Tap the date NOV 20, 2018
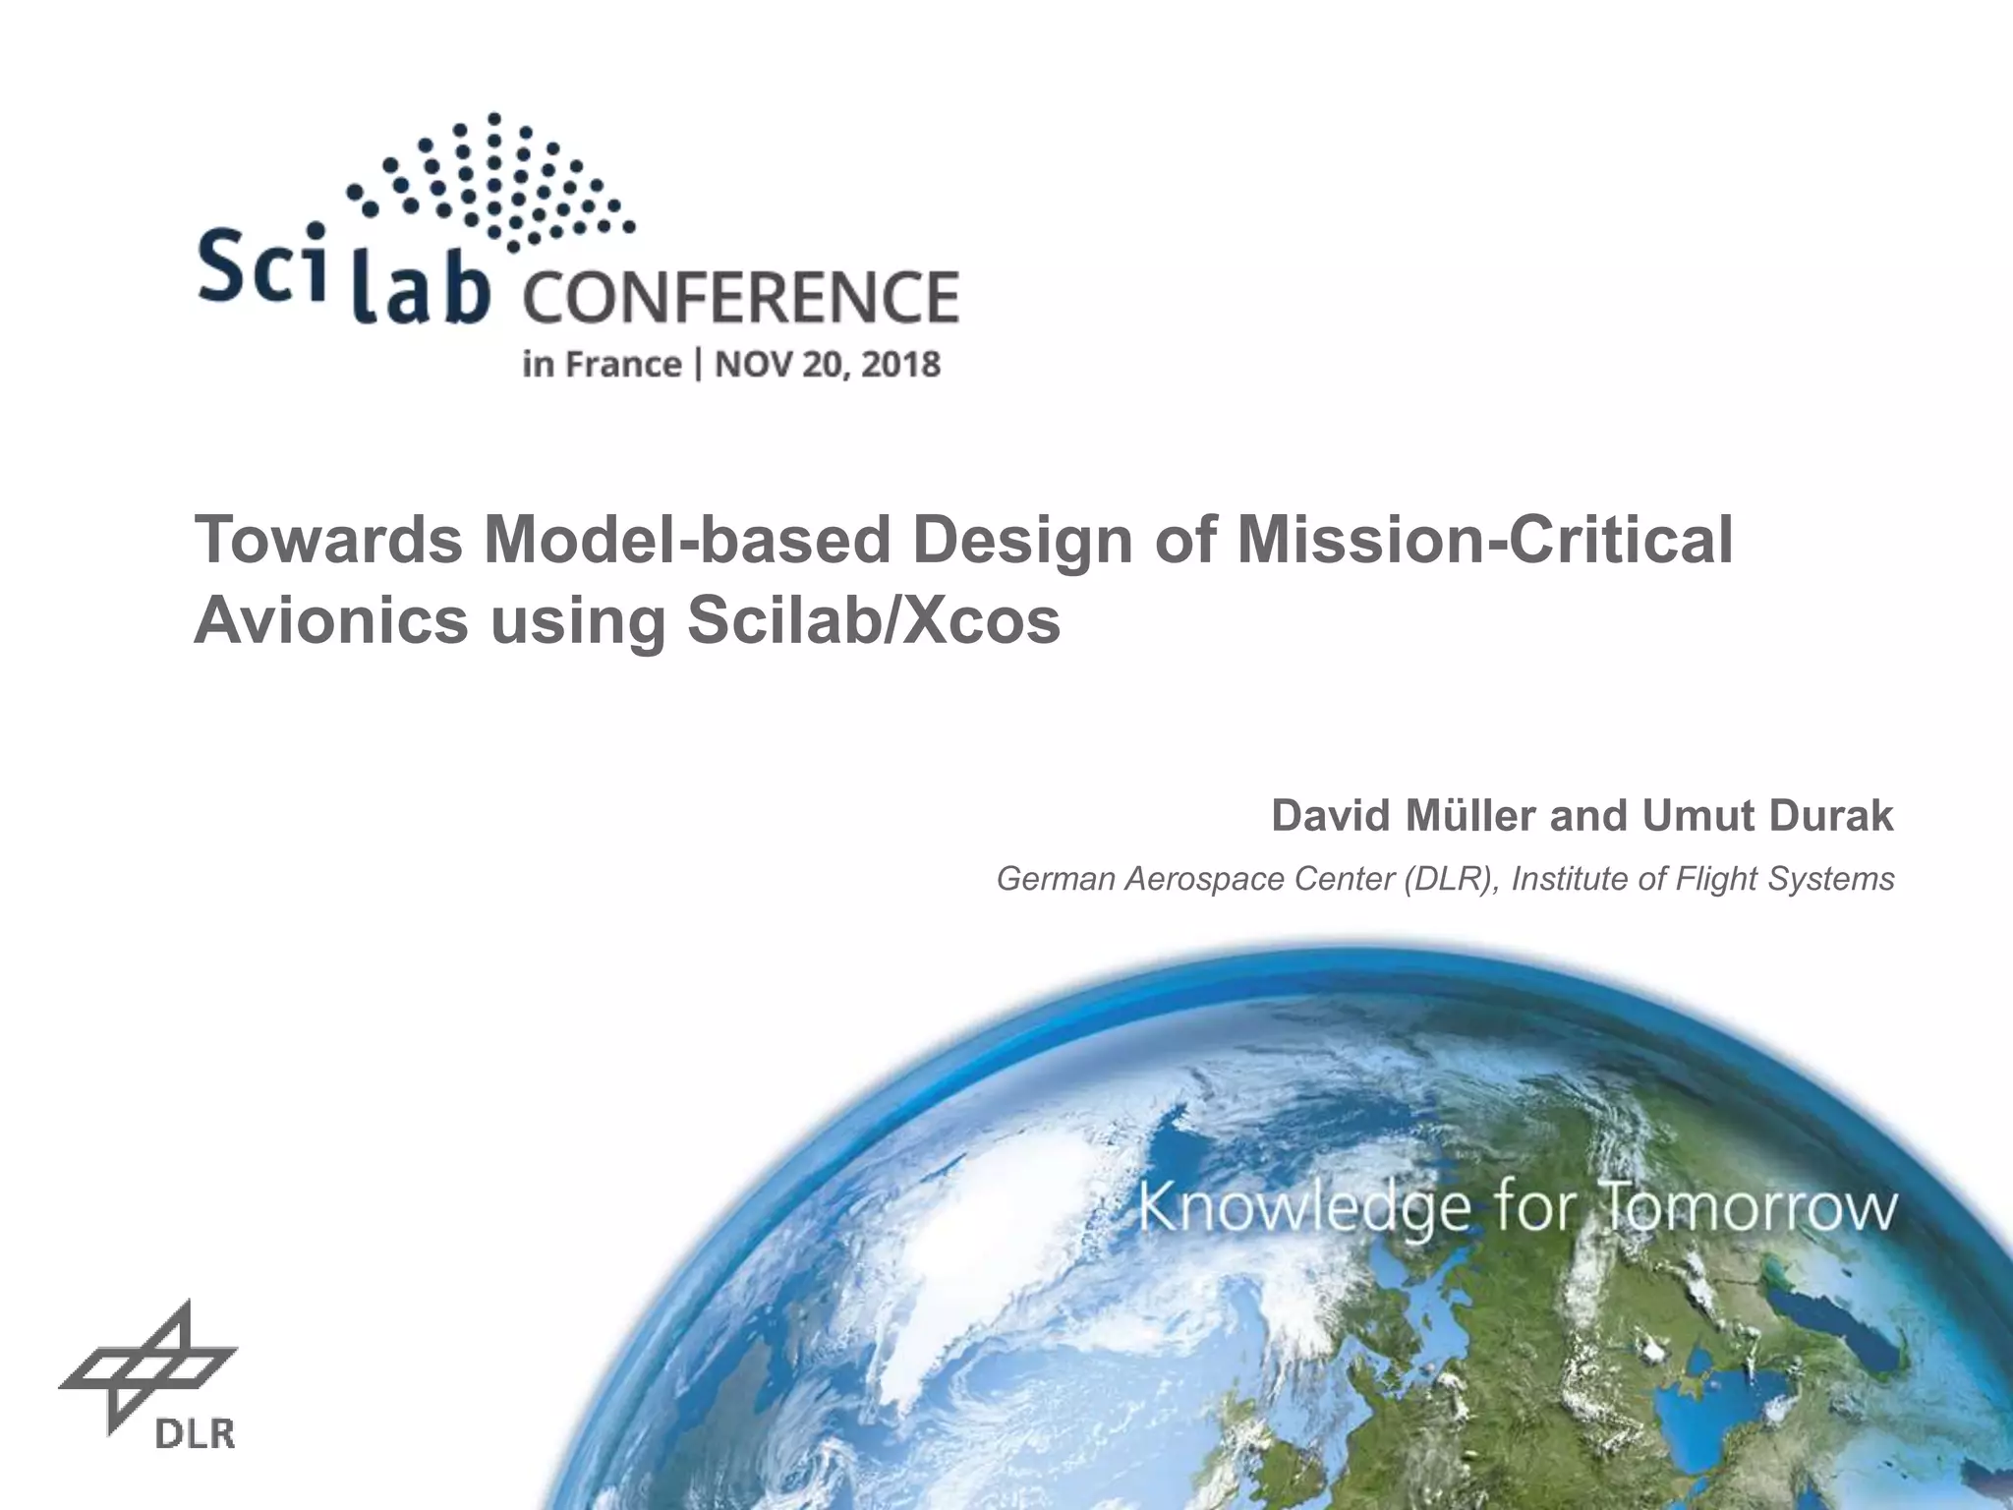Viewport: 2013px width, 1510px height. [x=828, y=365]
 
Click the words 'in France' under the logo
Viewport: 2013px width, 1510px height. [x=602, y=365]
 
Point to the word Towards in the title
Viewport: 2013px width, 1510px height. [x=328, y=541]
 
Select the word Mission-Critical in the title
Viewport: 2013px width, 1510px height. [x=1484, y=541]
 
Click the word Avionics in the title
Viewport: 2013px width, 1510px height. [x=331, y=621]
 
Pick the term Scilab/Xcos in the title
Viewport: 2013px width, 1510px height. [x=874, y=621]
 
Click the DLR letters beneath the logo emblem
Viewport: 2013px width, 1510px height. [x=195, y=1434]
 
